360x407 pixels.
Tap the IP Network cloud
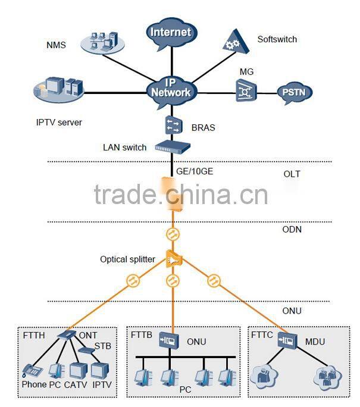coord(171,87)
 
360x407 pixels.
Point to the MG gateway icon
coord(245,91)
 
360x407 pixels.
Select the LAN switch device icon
coord(172,146)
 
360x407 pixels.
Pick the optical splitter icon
coord(173,259)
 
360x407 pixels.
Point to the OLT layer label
coord(292,174)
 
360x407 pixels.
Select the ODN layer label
coord(292,228)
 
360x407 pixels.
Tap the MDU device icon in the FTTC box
coord(290,340)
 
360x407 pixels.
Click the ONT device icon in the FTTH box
coord(67,336)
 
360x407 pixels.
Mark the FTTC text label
coord(262,335)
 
